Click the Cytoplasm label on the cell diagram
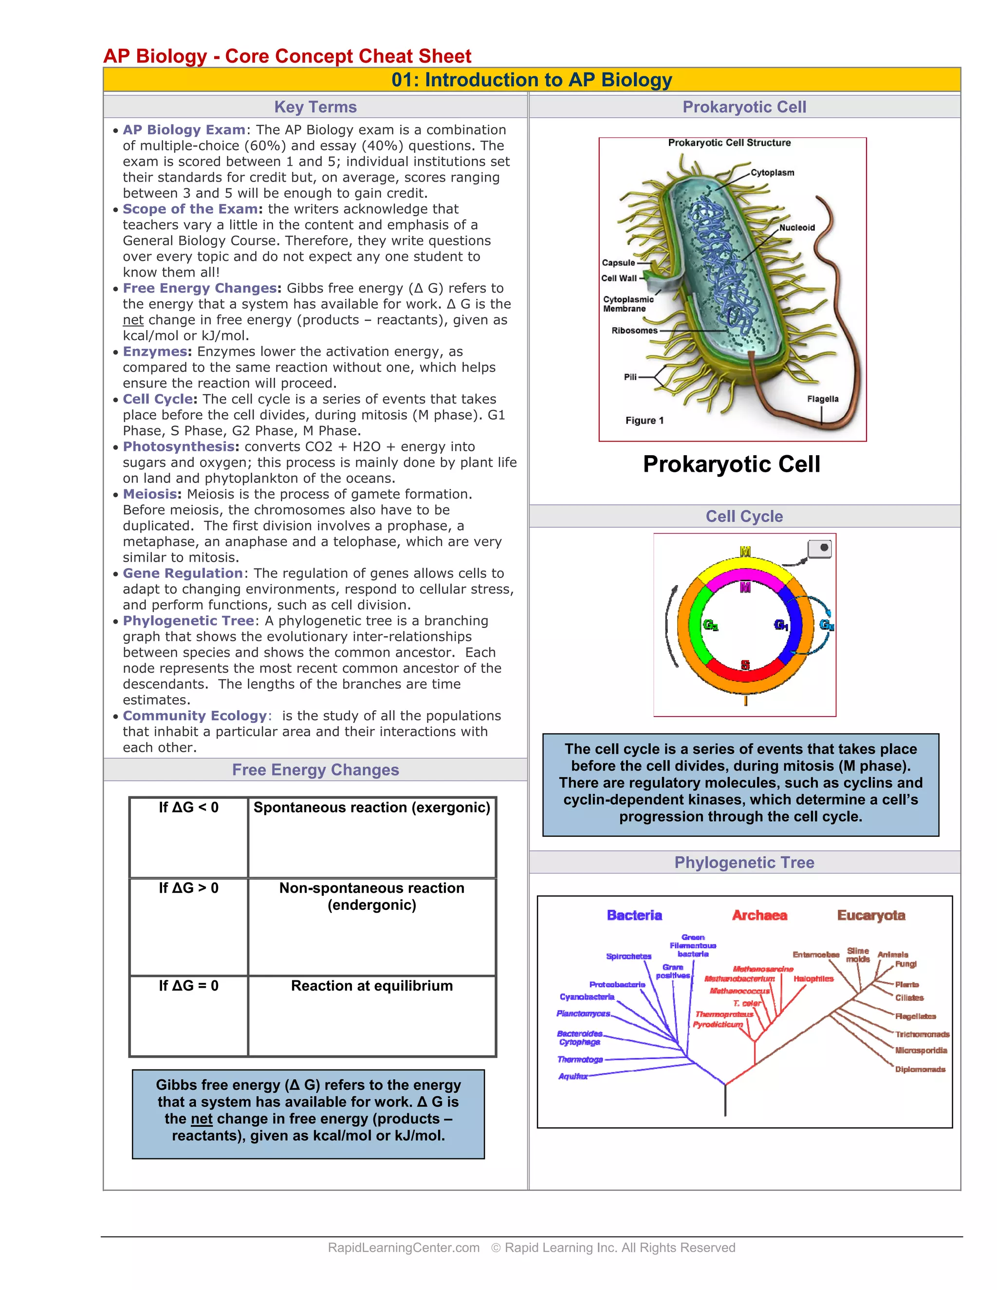click(x=772, y=172)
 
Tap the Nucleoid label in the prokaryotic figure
click(x=797, y=227)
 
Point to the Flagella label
click(x=822, y=399)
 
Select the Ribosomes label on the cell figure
click(x=634, y=330)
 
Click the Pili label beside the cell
click(x=630, y=377)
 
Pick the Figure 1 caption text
click(x=645, y=421)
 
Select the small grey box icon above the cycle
click(x=819, y=548)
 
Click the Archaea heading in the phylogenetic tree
click(x=759, y=915)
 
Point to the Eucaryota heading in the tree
click(x=870, y=915)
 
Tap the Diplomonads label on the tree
click(x=920, y=1069)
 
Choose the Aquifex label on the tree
click(x=573, y=1076)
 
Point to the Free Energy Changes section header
click(x=315, y=770)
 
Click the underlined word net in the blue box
click(x=202, y=1119)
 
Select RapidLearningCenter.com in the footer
click(x=404, y=1248)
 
